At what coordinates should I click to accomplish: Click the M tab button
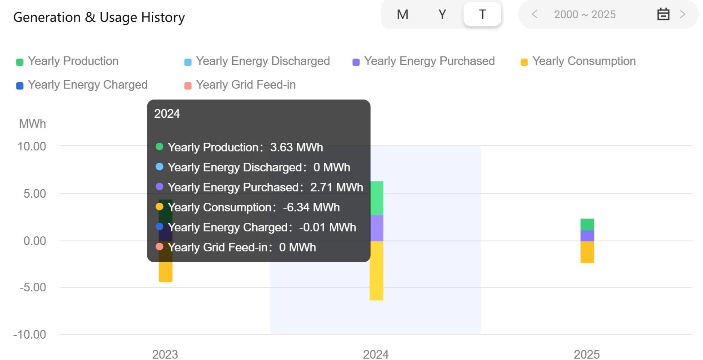pos(402,15)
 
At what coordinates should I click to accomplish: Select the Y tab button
pos(442,15)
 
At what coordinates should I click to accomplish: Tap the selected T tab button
pos(482,15)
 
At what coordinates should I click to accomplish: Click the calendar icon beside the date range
pos(663,15)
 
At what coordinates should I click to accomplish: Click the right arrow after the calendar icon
pos(682,15)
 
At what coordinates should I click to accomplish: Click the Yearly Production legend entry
pos(68,61)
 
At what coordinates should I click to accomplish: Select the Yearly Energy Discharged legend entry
pos(257,61)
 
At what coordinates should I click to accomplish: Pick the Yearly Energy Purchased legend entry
pos(424,61)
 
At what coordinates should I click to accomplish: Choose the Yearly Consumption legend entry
pos(578,61)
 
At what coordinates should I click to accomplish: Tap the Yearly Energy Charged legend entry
pos(82,85)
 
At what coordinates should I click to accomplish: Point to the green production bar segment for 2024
pos(376,198)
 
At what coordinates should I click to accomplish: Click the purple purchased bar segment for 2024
pos(376,228)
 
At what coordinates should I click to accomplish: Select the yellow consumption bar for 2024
pos(376,270)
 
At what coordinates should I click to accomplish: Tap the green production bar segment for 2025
pos(587,225)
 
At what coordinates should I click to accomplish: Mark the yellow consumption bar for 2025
pos(587,252)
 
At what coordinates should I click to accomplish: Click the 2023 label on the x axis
pos(165,354)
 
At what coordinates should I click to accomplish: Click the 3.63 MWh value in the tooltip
pos(296,147)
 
